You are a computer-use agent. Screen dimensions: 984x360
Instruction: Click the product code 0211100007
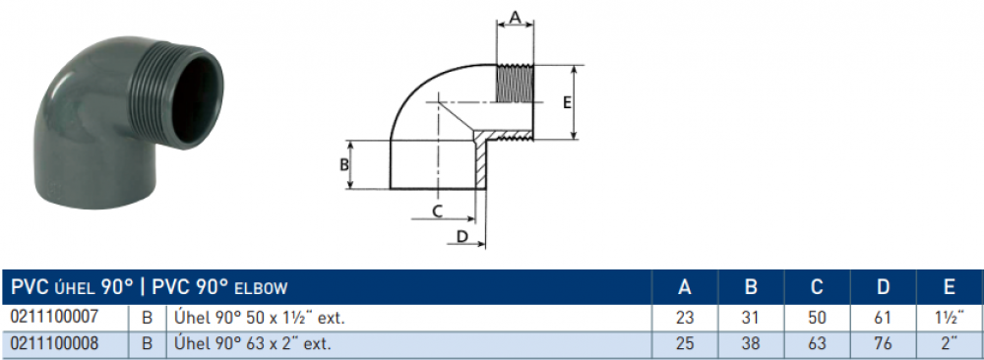pos(54,318)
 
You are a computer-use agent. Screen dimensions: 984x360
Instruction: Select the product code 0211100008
pos(54,343)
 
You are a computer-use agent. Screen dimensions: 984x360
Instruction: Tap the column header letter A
pos(685,287)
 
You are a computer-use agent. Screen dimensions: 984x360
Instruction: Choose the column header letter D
pos(883,287)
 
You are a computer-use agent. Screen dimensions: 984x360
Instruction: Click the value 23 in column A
pos(685,318)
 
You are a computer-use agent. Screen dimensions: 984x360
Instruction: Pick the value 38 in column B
pos(751,343)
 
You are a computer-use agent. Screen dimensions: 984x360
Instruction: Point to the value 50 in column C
pos(817,318)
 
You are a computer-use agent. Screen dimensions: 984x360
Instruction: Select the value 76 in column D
pos(883,343)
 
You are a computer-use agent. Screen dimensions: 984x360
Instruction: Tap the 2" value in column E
pos(950,343)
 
